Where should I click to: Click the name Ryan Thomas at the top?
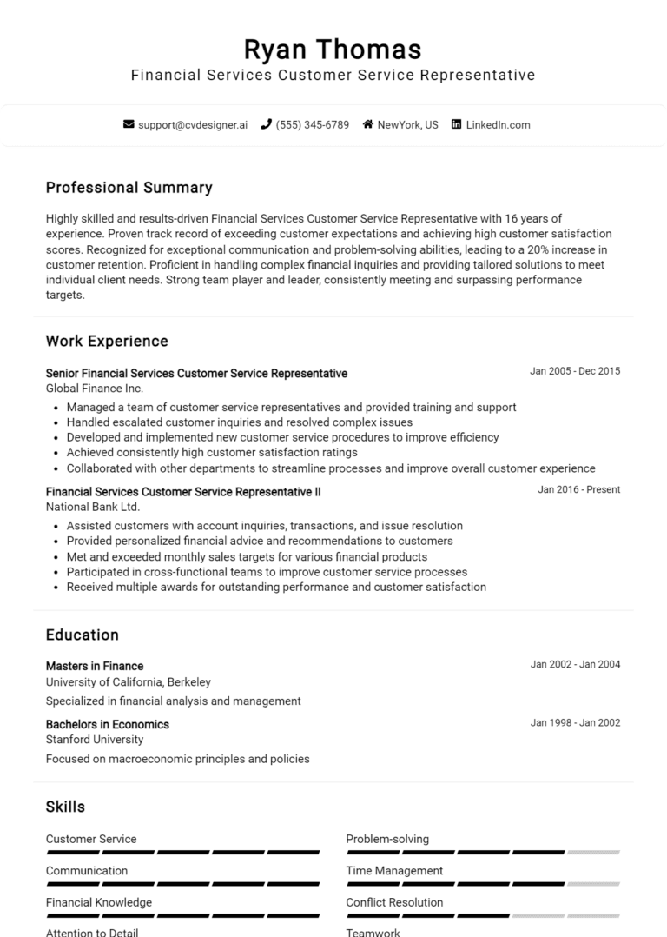point(333,49)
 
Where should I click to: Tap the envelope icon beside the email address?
point(129,124)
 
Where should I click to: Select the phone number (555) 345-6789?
point(312,124)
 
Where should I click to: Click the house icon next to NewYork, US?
point(367,124)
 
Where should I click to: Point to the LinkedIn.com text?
point(498,124)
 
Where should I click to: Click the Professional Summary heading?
point(129,188)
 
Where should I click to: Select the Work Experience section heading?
point(107,341)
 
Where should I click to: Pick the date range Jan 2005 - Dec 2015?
point(575,371)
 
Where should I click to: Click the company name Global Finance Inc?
point(95,389)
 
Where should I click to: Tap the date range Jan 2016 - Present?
point(578,489)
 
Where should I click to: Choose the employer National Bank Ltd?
point(93,507)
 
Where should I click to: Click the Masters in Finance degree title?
point(95,666)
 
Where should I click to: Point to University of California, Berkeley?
point(129,682)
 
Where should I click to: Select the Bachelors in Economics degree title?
point(108,724)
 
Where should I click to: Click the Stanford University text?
point(95,740)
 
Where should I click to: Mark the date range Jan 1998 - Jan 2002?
point(575,722)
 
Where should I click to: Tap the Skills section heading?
point(65,807)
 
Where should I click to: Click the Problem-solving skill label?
point(387,839)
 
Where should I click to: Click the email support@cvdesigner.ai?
point(193,124)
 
